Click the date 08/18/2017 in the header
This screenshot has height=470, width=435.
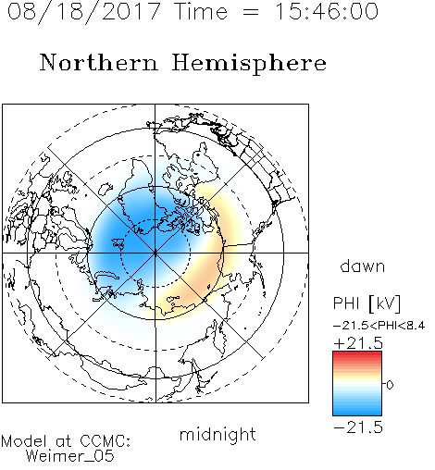(83, 12)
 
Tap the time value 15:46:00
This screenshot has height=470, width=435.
(327, 11)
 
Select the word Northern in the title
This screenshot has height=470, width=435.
(99, 62)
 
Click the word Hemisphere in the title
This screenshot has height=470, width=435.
(249, 63)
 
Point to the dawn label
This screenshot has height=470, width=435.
(363, 266)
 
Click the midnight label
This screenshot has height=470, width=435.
(217, 434)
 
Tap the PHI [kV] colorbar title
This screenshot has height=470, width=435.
(367, 303)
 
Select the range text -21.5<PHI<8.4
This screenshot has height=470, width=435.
(379, 326)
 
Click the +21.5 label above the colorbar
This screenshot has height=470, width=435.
(358, 343)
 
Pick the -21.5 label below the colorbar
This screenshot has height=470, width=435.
(358, 427)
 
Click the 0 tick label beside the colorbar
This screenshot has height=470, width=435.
(390, 385)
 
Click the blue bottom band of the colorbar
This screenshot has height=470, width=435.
(357, 411)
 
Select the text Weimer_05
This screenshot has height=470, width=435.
(70, 456)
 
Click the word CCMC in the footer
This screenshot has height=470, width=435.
(104, 441)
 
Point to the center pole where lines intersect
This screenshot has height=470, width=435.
(155, 253)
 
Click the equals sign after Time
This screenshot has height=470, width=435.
(251, 12)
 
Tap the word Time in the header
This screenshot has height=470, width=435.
(201, 12)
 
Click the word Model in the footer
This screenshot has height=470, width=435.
(24, 441)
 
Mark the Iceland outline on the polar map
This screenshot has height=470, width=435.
(106, 188)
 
